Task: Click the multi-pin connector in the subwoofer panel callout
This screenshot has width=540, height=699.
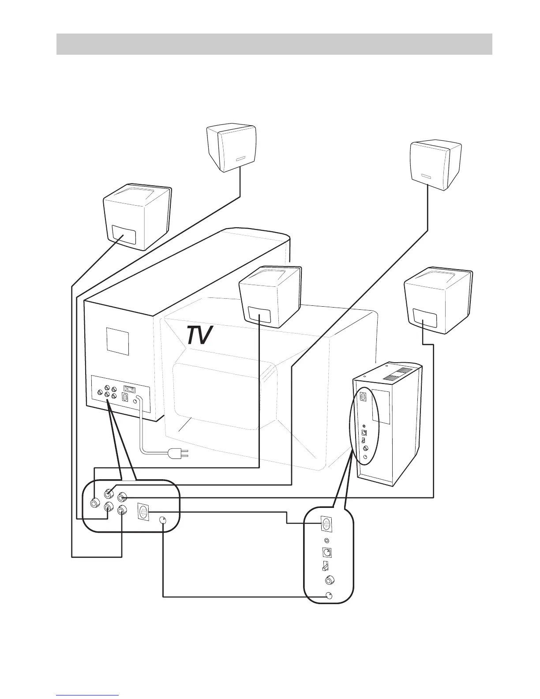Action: (x=144, y=513)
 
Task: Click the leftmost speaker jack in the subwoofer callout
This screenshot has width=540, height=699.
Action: (x=94, y=503)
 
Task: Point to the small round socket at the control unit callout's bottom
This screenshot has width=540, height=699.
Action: (x=329, y=596)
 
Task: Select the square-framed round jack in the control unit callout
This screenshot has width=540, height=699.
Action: (x=327, y=552)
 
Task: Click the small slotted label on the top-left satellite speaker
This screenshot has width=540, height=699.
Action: (x=240, y=159)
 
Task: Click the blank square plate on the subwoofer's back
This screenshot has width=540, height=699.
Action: (x=118, y=341)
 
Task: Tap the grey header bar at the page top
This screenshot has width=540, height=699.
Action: (x=274, y=44)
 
